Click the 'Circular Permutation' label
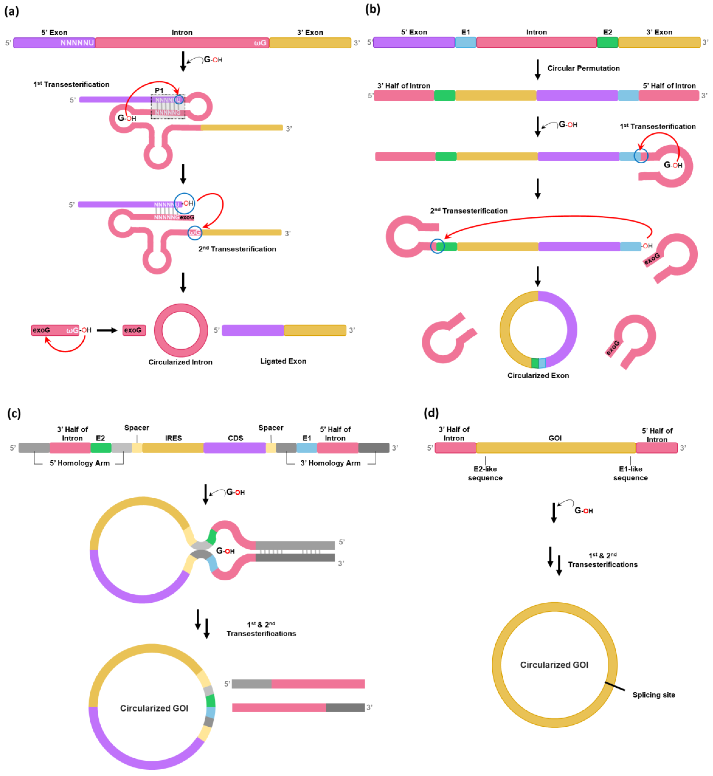pyautogui.click(x=583, y=68)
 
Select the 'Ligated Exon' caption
pyautogui.click(x=283, y=361)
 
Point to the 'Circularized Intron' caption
pyautogui.click(x=180, y=362)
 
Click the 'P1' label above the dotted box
pyautogui.click(x=159, y=90)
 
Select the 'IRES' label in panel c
pyautogui.click(x=173, y=438)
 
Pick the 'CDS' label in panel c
pyautogui.click(x=235, y=438)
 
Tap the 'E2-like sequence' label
pyautogui.click(x=485, y=473)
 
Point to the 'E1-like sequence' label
pyautogui.click(x=630, y=473)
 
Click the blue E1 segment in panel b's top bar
pyautogui.click(x=466, y=43)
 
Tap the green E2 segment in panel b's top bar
pyautogui.click(x=607, y=43)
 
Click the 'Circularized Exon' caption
pyautogui.click(x=538, y=375)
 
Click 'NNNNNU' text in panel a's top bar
pyautogui.click(x=77, y=43)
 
